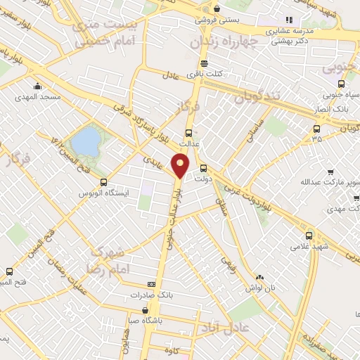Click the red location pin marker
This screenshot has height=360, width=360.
(181, 166)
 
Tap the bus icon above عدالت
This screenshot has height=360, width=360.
(188, 132)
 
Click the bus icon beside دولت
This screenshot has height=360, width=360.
(203, 168)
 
